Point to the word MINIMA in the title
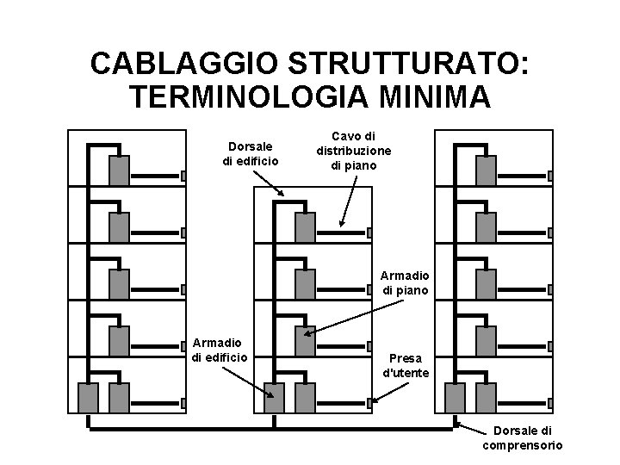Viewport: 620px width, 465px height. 434,96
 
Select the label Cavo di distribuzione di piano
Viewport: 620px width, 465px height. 353,150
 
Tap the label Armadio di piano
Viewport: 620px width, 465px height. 405,283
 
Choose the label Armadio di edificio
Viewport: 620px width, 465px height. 220,350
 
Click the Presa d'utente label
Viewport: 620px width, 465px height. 405,365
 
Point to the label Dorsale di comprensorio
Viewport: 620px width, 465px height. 522,437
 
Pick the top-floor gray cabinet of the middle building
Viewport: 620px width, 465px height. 305,226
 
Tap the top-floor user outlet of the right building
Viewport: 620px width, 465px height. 551,176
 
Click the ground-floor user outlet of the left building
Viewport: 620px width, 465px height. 184,402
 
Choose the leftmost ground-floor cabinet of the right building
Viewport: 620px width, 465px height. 455,397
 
